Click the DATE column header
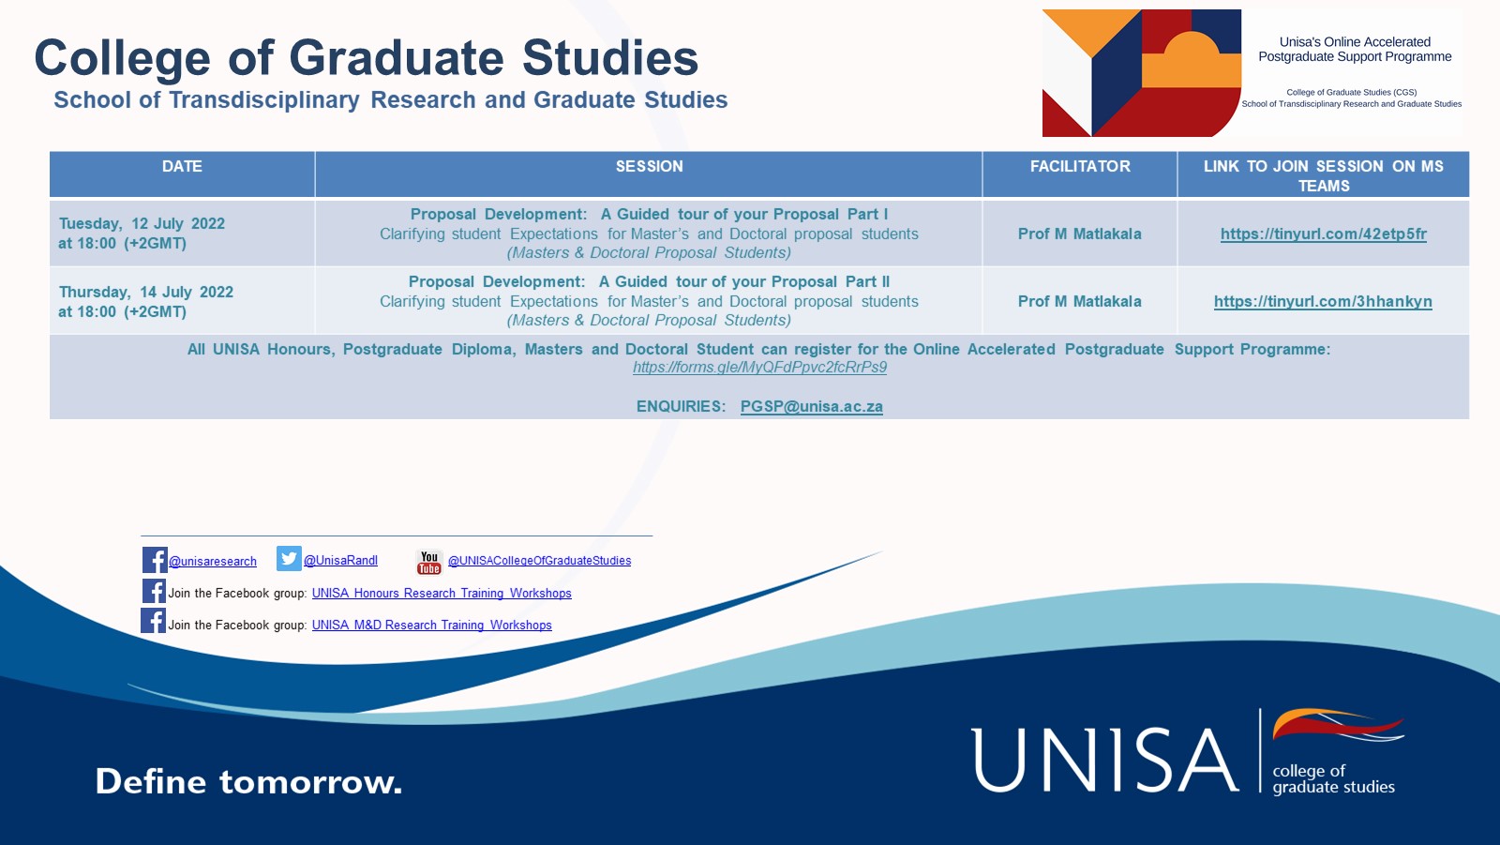pyautogui.click(x=182, y=167)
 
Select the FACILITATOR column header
pyautogui.click(x=1080, y=167)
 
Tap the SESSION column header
pyautogui.click(x=649, y=167)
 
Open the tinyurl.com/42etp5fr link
pyautogui.click(x=1323, y=234)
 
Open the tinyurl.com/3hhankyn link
pyautogui.click(x=1323, y=302)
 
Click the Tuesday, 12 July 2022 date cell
pyautogui.click(x=142, y=234)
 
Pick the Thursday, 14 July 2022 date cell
pyautogui.click(x=145, y=302)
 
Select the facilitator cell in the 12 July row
pyautogui.click(x=1080, y=234)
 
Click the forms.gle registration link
pyautogui.click(x=759, y=368)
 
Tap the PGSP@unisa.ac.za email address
pyautogui.click(x=812, y=407)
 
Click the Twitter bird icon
pyautogui.click(x=289, y=559)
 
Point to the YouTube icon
pyautogui.click(x=429, y=562)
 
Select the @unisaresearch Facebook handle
pyautogui.click(x=213, y=562)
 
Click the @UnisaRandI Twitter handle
pyautogui.click(x=341, y=561)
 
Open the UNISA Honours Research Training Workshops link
pyautogui.click(x=442, y=594)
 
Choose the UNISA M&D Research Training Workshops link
pyautogui.click(x=432, y=626)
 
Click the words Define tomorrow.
pyautogui.click(x=248, y=781)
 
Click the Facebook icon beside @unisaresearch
pyautogui.click(x=155, y=560)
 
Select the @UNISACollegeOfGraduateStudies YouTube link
pyautogui.click(x=539, y=561)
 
